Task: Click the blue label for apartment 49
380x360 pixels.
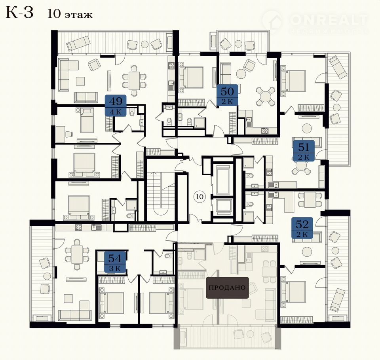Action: pyautogui.click(x=116, y=105)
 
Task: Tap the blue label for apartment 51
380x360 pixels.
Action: pyautogui.click(x=304, y=151)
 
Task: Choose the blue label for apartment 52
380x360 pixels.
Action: pyautogui.click(x=302, y=228)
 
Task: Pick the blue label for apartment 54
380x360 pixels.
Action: pyautogui.click(x=115, y=262)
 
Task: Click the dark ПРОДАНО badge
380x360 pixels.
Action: pyautogui.click(x=227, y=288)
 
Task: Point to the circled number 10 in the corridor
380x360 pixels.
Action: pyautogui.click(x=200, y=197)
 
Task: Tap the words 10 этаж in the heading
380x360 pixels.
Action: pyautogui.click(x=70, y=14)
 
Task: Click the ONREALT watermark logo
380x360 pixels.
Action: pyautogui.click(x=315, y=22)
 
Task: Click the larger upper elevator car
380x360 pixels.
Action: pyautogui.click(x=223, y=178)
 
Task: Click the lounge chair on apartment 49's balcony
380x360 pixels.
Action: pyautogui.click(x=78, y=43)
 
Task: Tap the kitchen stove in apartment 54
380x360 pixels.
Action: pyautogui.click(x=78, y=227)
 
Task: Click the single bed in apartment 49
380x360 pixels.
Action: pyautogui.click(x=87, y=120)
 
